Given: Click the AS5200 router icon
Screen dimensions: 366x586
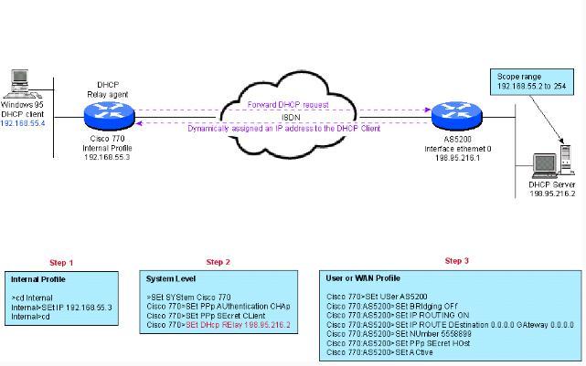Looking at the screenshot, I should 452,114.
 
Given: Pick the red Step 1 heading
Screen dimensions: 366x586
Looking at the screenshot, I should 60,263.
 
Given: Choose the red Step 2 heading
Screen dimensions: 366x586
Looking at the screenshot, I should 218,263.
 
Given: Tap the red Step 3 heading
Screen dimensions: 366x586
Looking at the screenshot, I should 456,261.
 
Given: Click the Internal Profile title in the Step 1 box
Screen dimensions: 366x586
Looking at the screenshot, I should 38,278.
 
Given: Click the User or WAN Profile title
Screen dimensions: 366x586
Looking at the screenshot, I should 362,277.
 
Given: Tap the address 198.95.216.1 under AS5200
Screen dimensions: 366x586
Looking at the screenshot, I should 451,156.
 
